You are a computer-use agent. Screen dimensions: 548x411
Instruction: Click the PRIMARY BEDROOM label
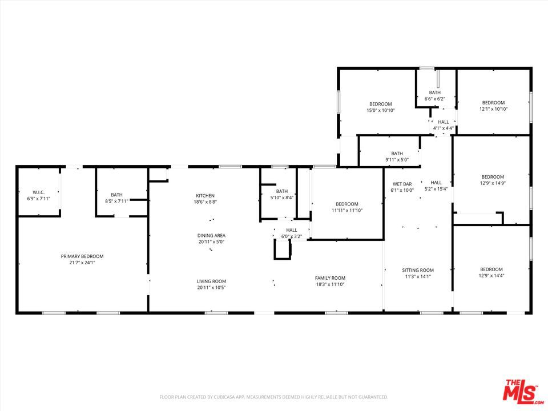(x=82, y=256)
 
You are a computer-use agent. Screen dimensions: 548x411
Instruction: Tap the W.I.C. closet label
(x=39, y=192)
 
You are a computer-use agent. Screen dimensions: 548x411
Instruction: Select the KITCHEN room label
(x=205, y=196)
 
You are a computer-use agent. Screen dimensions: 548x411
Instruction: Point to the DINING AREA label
(x=211, y=236)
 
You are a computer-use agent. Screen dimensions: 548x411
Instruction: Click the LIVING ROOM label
(x=211, y=281)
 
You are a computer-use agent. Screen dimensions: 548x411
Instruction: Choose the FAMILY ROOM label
(x=330, y=278)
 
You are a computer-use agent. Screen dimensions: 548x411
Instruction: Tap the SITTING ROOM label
(x=418, y=270)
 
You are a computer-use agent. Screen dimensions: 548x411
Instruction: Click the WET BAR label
(x=402, y=184)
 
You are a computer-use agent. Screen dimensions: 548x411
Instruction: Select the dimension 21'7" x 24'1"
(x=82, y=263)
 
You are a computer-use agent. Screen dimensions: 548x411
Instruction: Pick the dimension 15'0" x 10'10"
(x=381, y=110)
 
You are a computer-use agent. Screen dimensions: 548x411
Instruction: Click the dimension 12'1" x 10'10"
(x=493, y=109)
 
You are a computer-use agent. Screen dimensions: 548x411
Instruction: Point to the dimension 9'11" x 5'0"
(x=397, y=160)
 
